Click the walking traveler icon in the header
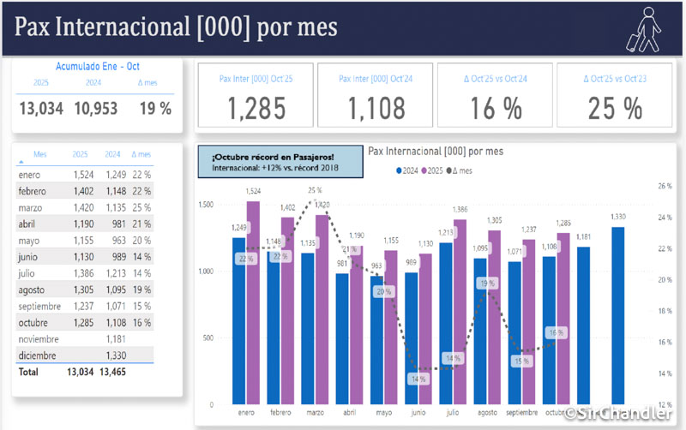[642, 29]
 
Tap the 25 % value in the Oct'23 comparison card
[615, 108]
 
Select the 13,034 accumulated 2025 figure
[40, 108]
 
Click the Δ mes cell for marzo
[141, 208]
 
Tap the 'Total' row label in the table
[28, 372]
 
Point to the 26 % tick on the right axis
[664, 186]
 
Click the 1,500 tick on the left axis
[205, 206]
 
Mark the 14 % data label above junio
[418, 378]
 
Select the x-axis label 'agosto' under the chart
[487, 412]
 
